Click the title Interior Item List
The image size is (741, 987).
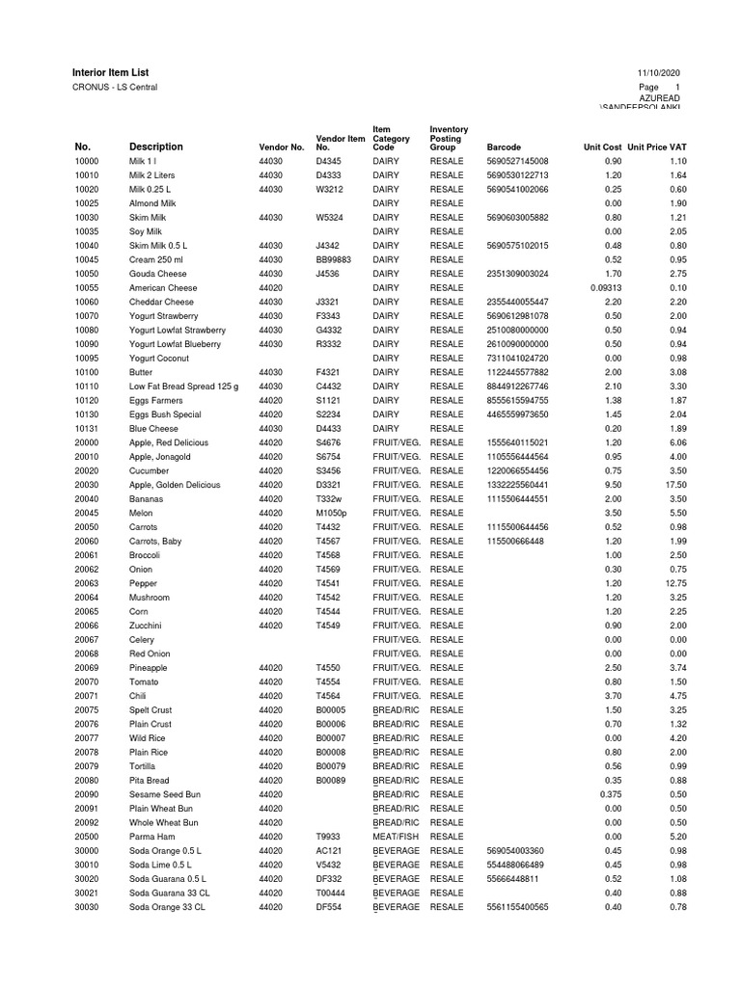(111, 73)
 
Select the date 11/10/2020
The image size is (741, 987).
(659, 74)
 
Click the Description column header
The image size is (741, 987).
(155, 147)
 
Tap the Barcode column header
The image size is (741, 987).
(505, 147)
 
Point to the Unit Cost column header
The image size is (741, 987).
(603, 147)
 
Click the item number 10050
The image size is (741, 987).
(87, 274)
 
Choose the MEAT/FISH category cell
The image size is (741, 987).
(397, 837)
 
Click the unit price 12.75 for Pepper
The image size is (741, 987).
(673, 583)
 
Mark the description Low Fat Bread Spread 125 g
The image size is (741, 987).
(183, 386)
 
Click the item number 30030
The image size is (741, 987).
(87, 907)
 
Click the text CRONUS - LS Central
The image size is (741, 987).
(115, 88)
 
